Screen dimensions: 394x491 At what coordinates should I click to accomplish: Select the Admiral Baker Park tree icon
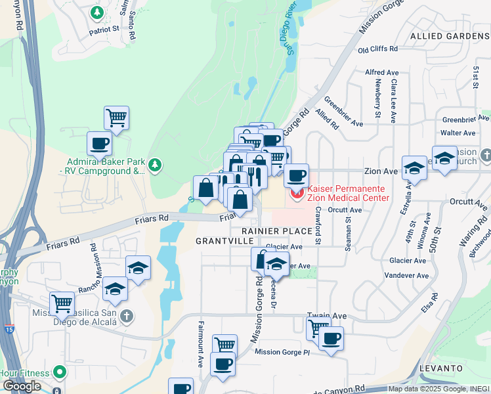tap(155, 164)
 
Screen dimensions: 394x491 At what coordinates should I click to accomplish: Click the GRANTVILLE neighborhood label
tap(224, 242)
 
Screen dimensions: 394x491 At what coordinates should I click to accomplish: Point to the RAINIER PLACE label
tap(276, 231)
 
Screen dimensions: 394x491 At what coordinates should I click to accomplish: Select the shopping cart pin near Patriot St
tap(116, 118)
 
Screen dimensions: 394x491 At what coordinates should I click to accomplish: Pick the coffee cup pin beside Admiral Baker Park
tap(99, 143)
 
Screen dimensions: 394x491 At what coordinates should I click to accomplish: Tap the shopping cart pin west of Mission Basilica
tap(61, 303)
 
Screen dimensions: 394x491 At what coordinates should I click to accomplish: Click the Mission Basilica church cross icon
tap(127, 317)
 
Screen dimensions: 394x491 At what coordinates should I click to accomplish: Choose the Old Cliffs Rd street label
tap(377, 49)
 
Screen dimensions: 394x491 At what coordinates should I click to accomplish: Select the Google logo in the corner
tap(22, 386)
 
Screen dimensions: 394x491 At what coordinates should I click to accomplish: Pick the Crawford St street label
tap(317, 226)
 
